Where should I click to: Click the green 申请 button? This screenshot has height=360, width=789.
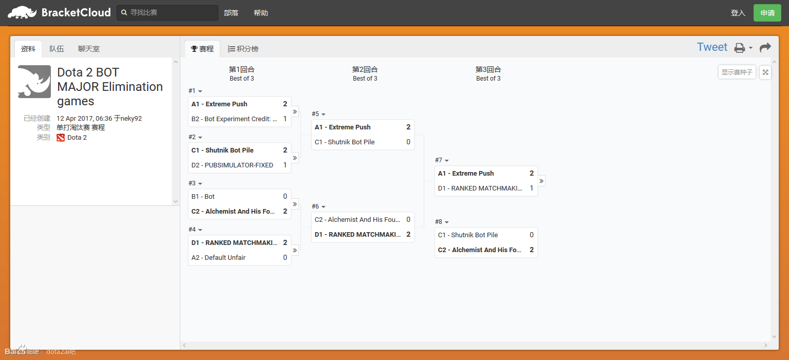coord(767,13)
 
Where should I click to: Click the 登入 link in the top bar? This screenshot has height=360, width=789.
coord(738,13)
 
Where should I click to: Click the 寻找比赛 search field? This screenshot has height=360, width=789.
coord(167,13)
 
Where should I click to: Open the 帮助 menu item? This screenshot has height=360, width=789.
coord(260,13)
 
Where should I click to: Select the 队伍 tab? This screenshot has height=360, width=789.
coord(57,49)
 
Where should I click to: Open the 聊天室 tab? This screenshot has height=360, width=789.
coord(89,49)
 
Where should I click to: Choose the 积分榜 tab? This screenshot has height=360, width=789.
coord(243,49)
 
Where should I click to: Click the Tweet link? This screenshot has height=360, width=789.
coord(712,47)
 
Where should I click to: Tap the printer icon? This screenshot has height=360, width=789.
coord(740,48)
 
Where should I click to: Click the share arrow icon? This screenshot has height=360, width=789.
coord(765,47)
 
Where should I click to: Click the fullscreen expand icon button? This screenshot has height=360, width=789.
coord(765,72)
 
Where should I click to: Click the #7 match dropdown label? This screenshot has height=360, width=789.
coord(442,160)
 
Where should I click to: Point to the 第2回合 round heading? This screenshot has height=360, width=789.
coord(365,69)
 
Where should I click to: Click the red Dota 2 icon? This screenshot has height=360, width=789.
coord(61,138)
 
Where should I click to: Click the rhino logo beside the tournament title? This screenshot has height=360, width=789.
coord(34,81)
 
